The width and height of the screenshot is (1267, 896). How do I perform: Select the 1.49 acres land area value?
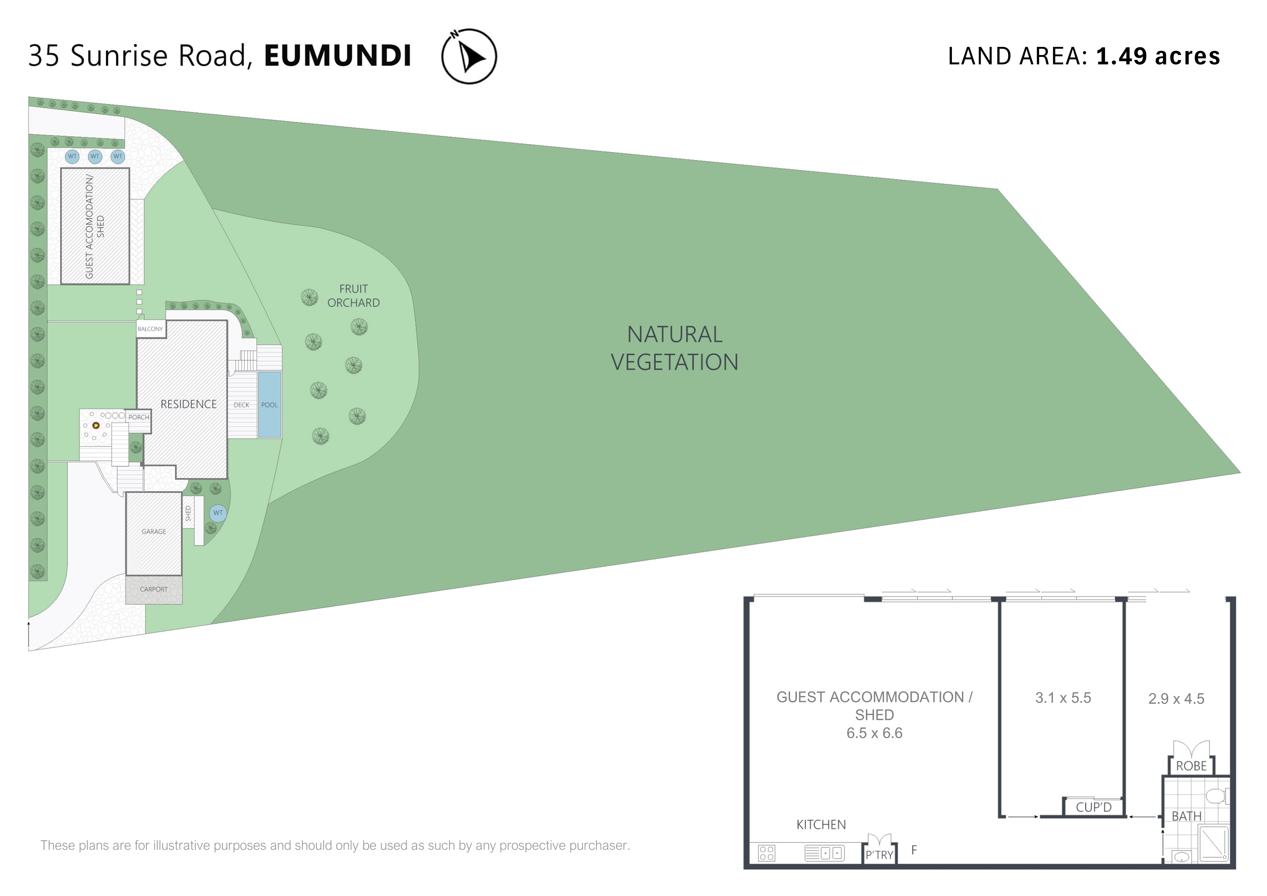pos(1158,56)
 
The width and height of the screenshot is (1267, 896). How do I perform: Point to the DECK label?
pos(241,405)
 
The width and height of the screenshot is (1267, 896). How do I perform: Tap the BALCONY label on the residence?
pos(150,329)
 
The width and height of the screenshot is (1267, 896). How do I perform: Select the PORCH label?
pos(139,417)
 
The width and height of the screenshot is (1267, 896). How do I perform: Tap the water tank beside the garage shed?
pos(218,513)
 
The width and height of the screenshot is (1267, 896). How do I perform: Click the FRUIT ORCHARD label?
pos(353,296)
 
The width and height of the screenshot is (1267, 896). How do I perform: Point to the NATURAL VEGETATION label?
pos(674,348)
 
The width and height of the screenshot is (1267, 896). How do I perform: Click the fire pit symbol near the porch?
pos(96,425)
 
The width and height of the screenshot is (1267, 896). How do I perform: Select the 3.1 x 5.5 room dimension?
pos(1063,698)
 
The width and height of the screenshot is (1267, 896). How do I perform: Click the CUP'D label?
pos(1094,807)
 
